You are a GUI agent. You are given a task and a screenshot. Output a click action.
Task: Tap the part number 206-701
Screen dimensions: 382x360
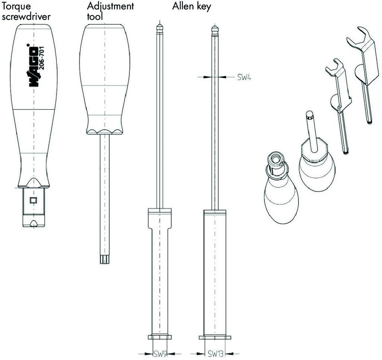41,58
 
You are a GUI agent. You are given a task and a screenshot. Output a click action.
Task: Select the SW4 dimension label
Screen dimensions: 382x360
244,77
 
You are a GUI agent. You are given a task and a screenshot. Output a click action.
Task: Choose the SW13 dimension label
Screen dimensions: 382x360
215,353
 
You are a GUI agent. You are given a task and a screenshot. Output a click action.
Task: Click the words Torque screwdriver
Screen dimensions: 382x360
26,11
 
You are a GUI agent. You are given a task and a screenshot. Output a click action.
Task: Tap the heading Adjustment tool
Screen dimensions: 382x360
110,11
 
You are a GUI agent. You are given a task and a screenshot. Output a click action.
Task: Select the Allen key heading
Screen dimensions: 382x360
191,6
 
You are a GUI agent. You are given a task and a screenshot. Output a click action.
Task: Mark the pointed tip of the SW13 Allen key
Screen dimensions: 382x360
215,26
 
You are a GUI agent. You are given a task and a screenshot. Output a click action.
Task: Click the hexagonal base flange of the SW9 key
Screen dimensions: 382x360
160,337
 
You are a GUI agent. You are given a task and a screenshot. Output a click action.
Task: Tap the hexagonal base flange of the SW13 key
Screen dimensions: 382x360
215,338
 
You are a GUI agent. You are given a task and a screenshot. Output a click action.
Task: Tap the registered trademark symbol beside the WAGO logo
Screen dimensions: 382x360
28,45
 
